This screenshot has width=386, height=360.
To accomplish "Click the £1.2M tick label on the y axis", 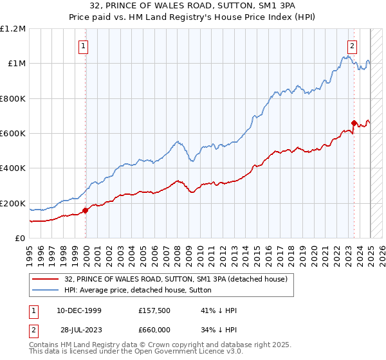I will (x=13, y=29).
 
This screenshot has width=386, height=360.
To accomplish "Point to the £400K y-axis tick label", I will (x=13, y=168).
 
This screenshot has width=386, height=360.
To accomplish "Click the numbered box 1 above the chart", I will (x=84, y=46).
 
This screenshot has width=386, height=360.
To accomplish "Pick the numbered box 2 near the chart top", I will (x=353, y=46).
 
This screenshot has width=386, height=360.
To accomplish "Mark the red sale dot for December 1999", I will (x=85, y=210).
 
